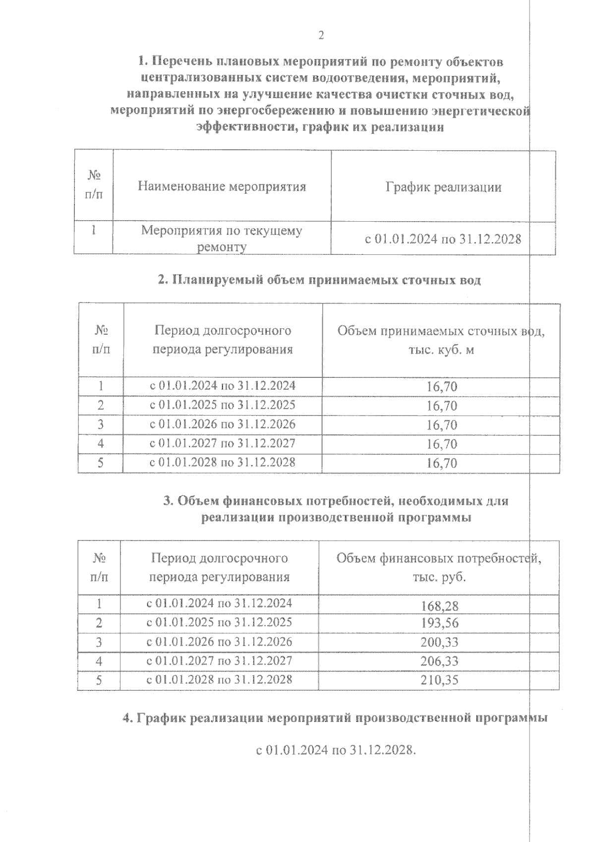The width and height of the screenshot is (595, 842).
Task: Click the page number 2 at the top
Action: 321,35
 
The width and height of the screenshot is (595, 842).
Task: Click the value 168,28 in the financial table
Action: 439,605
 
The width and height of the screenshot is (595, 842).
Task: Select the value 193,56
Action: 439,623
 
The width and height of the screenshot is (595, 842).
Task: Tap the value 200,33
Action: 439,642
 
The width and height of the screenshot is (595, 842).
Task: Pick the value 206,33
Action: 439,661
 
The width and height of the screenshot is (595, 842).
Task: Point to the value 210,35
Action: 439,679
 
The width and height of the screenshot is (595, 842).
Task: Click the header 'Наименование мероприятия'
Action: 222,186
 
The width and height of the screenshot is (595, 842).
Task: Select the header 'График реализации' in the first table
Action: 443,187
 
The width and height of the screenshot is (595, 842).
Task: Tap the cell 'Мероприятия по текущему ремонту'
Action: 222,239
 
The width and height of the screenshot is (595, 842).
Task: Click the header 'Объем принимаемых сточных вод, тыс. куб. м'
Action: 441,340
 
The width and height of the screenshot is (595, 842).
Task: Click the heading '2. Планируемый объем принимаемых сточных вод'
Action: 319,280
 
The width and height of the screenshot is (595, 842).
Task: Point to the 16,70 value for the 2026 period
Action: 441,425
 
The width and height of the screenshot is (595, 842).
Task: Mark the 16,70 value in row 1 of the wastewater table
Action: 441,386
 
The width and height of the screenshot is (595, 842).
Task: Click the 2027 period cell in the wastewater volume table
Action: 223,443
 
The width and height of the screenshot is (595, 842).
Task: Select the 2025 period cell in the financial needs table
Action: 219,622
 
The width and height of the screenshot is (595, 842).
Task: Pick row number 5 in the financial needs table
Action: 99,680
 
